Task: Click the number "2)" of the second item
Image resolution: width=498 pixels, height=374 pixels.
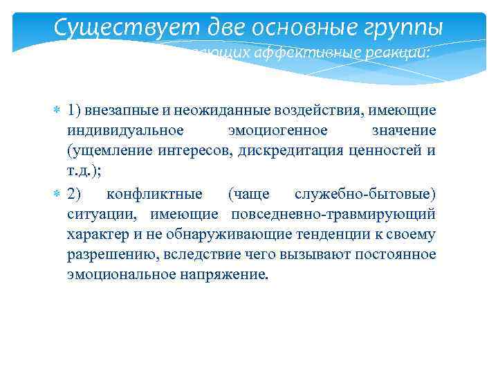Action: click(x=75, y=193)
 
